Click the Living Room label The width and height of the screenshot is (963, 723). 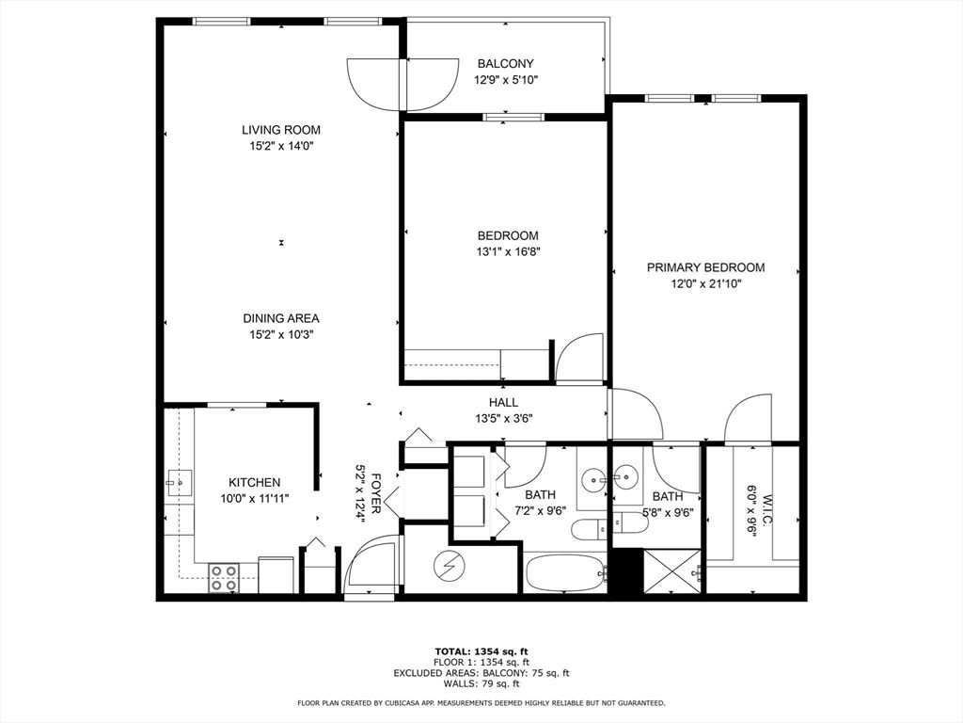[x=280, y=130]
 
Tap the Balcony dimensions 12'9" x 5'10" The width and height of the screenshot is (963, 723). [x=506, y=80]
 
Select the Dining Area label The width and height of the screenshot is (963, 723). [x=280, y=318]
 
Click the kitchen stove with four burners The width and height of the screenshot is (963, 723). [x=223, y=576]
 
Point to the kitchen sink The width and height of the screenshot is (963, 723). [x=179, y=484]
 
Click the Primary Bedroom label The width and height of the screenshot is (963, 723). [x=705, y=267]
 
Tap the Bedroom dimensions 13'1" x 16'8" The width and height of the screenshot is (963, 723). [x=508, y=251]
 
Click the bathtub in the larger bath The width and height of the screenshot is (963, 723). [x=564, y=572]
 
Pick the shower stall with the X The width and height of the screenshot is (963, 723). [x=673, y=571]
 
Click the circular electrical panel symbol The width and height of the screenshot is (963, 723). [x=448, y=566]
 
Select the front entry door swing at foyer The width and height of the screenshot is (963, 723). [x=371, y=565]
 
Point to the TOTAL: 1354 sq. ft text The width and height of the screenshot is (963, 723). [x=481, y=651]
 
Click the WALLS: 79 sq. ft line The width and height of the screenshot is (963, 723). [x=481, y=684]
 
